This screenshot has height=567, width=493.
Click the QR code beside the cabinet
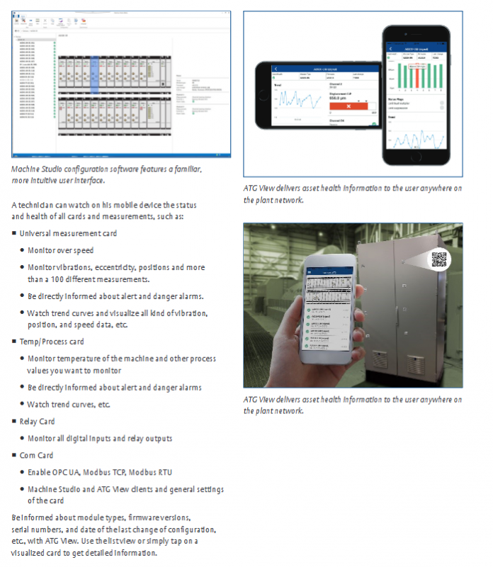click(x=440, y=260)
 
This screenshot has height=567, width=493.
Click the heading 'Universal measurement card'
click(x=68, y=233)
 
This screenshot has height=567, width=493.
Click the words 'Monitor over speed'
click(x=61, y=250)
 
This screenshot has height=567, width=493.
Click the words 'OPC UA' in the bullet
click(x=69, y=472)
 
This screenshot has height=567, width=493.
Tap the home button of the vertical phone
click(x=416, y=160)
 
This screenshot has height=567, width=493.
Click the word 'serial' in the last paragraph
click(x=23, y=530)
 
